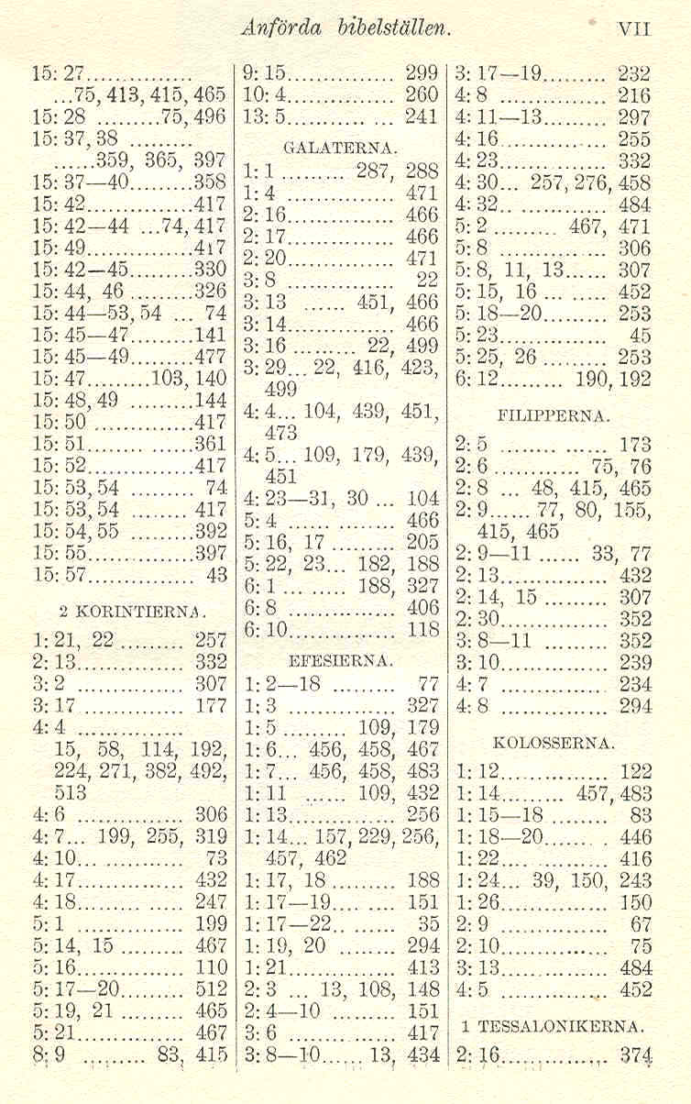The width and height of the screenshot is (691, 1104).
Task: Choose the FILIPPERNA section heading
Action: (x=554, y=415)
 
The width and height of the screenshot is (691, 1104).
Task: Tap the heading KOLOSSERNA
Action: (x=554, y=740)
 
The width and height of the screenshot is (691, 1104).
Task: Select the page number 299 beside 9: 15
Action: (x=422, y=73)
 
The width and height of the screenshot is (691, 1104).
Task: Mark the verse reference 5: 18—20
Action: (x=500, y=314)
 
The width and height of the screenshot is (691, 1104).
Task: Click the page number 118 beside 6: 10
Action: (x=422, y=629)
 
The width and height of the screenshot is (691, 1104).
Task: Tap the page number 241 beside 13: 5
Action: (x=422, y=116)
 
